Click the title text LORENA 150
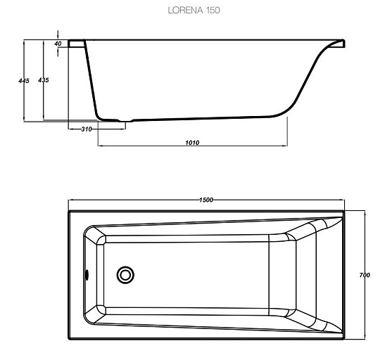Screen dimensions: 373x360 coord(194,11)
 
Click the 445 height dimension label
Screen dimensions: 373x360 coord(24,81)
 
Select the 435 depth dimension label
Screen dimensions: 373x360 coord(44,80)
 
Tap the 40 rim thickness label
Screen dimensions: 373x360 coord(58,44)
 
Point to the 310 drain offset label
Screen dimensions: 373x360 coord(87,129)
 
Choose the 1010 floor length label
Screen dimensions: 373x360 coord(192,143)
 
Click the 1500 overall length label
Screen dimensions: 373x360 coord(206,200)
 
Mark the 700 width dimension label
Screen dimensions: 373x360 coord(365,275)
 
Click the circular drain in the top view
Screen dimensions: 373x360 coord(125,275)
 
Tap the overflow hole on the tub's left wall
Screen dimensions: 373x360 coord(87,274)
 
